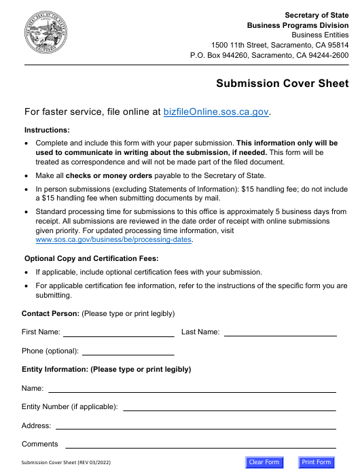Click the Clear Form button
(264, 463)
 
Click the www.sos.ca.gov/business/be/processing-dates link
(114, 240)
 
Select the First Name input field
(118, 332)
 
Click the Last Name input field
(280, 332)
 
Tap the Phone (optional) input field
(128, 351)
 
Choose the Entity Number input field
(229, 406)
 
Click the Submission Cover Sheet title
(282, 84)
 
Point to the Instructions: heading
(47, 130)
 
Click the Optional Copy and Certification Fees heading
(91, 258)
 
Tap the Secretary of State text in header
(317, 15)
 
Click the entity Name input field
(192, 388)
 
